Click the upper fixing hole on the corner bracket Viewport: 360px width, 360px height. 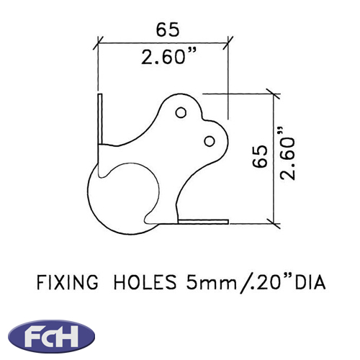181,112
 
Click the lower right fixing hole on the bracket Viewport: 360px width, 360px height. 210,141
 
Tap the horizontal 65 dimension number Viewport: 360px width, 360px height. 168,30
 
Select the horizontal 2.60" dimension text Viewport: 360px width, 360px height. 168,56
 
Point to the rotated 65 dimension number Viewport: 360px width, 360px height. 260,156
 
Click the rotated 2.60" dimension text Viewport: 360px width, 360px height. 287,153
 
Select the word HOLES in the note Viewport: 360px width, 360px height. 145,282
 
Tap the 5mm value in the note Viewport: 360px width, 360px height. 212,282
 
